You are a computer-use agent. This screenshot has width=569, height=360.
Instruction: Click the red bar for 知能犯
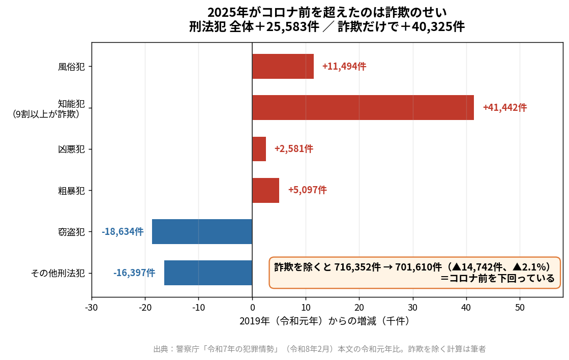click(x=363, y=107)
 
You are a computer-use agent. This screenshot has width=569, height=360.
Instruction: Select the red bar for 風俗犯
click(x=283, y=67)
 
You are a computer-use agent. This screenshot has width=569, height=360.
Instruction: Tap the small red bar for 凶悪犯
click(x=259, y=149)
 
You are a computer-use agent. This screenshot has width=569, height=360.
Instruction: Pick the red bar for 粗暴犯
click(x=265, y=190)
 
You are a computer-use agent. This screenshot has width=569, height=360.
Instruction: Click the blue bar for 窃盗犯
click(x=202, y=231)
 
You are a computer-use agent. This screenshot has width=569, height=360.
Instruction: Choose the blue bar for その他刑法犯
click(x=208, y=273)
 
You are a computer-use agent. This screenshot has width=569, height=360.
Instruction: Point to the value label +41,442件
click(x=505, y=107)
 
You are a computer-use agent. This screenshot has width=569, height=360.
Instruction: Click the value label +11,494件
click(x=344, y=67)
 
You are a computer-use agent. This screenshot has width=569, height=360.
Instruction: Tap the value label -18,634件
click(x=123, y=231)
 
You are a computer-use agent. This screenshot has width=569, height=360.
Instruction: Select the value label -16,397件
click(x=134, y=273)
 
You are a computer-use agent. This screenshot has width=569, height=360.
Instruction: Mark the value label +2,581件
click(x=294, y=149)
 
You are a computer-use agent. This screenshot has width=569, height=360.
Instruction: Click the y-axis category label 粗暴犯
click(x=72, y=191)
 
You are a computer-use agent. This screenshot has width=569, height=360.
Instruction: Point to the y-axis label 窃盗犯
click(x=72, y=232)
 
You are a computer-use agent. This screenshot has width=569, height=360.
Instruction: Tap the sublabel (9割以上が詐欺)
click(x=46, y=114)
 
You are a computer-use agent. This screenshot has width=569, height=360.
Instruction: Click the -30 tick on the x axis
click(x=92, y=308)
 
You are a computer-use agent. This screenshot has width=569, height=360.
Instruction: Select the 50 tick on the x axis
click(x=520, y=308)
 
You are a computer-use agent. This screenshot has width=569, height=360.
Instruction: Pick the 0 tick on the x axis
click(x=252, y=308)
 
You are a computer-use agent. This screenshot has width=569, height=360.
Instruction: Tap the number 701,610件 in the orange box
click(x=418, y=267)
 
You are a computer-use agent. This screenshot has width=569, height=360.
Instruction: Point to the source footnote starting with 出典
click(x=319, y=349)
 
